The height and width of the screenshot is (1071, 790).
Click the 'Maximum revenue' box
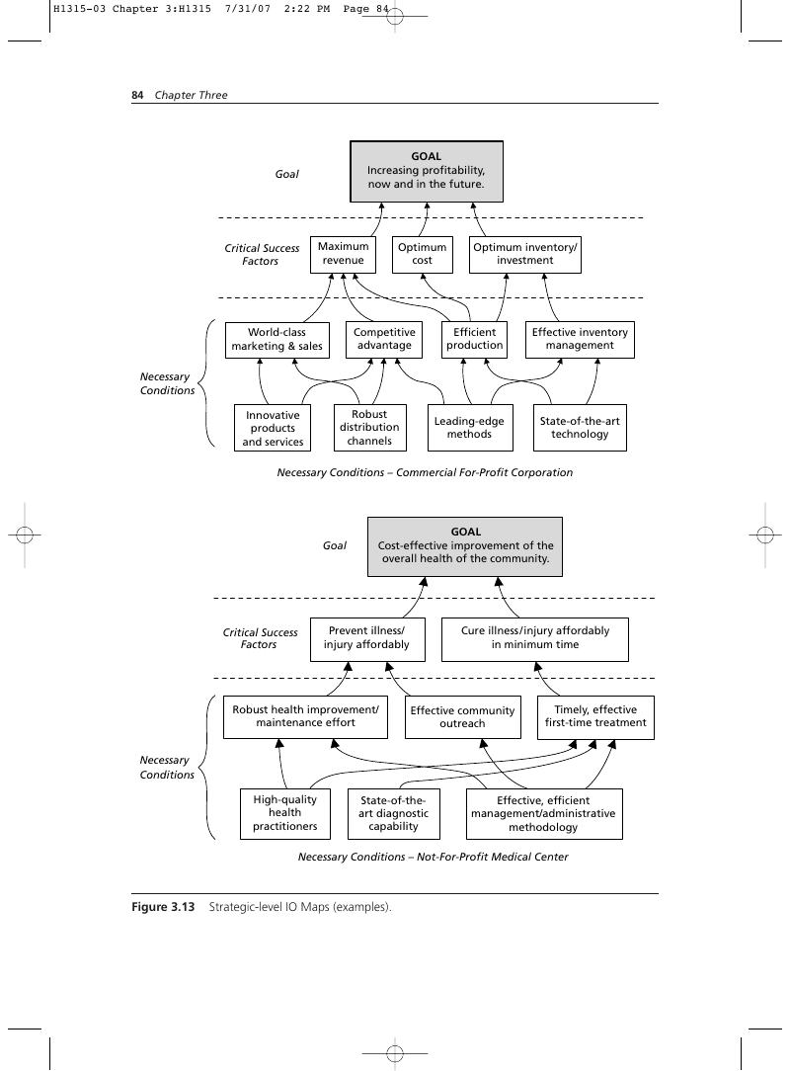click(x=343, y=254)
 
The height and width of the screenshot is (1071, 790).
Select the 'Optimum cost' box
click(x=422, y=254)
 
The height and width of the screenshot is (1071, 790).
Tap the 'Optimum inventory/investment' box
click(x=525, y=254)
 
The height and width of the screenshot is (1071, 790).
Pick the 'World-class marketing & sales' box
click(x=277, y=340)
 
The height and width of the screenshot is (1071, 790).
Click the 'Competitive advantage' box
click(x=384, y=340)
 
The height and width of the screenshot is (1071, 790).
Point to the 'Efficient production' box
click(x=475, y=340)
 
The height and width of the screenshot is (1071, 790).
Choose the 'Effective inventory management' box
click(x=580, y=340)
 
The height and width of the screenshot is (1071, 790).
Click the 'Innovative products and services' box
click(x=273, y=428)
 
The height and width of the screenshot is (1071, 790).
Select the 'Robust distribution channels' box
click(x=369, y=428)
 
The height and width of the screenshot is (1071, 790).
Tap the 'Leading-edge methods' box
click(x=470, y=428)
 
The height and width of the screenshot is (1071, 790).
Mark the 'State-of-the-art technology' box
click(x=580, y=428)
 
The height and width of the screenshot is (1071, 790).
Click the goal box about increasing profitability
click(x=426, y=172)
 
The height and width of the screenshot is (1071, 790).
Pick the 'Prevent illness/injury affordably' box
click(x=367, y=639)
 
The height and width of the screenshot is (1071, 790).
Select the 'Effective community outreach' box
click(x=462, y=717)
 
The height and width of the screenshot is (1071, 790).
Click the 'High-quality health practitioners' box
click(x=284, y=813)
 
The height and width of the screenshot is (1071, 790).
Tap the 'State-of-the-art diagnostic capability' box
click(x=393, y=813)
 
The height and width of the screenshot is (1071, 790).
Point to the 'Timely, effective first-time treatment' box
click(x=595, y=717)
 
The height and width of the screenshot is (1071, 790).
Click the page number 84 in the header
click(x=137, y=95)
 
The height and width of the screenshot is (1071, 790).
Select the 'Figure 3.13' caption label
click(x=163, y=907)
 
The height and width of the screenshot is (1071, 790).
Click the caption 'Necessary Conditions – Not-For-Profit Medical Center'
click(x=433, y=857)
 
